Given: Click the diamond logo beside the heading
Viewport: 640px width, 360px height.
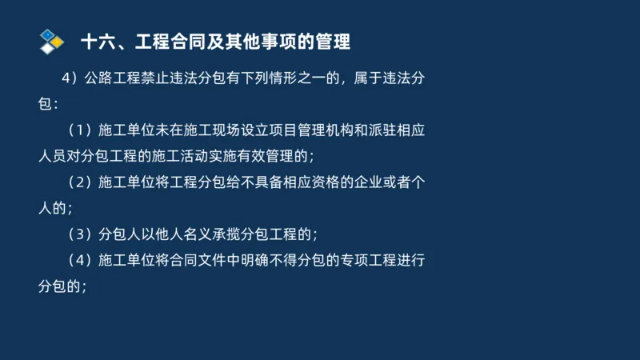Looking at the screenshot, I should (51, 41).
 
